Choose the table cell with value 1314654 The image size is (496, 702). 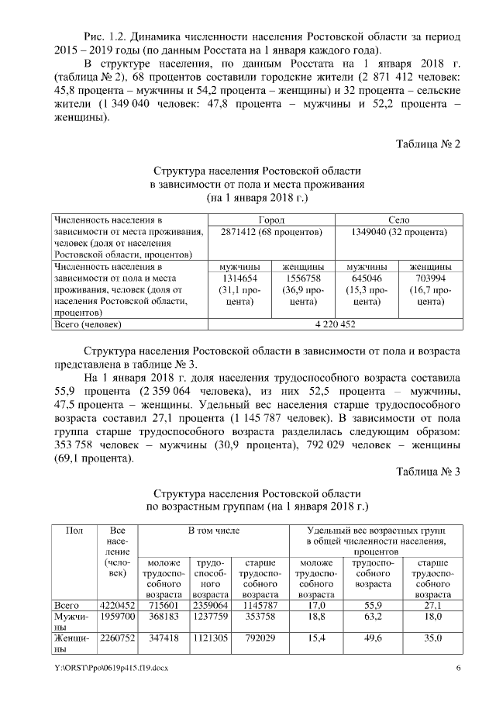[x=239, y=277]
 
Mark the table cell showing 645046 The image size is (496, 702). [x=367, y=277]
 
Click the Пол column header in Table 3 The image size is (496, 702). [x=75, y=530]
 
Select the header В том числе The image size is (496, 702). [x=213, y=530]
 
